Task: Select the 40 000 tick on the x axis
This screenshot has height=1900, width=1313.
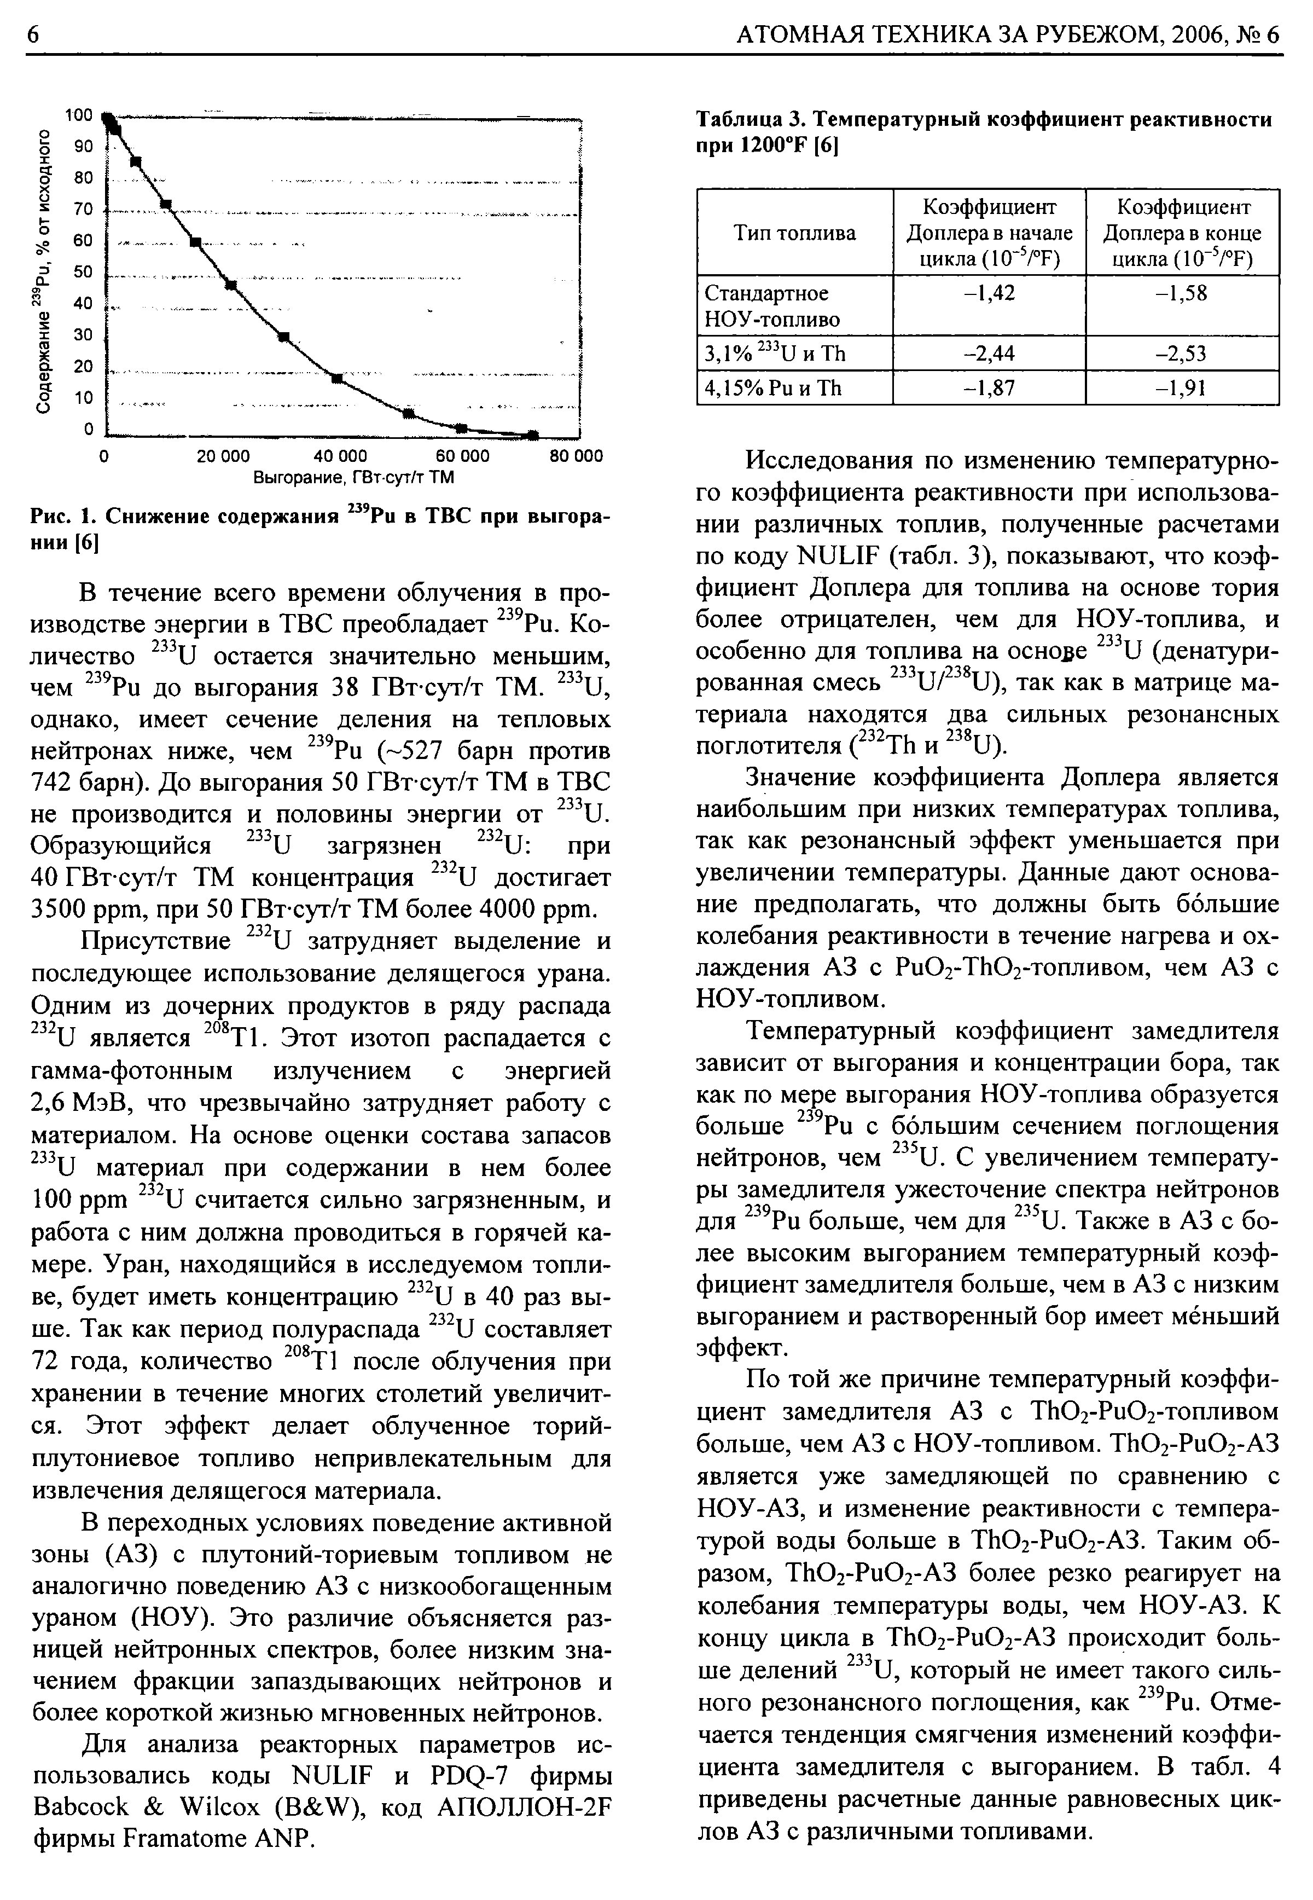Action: [341, 456]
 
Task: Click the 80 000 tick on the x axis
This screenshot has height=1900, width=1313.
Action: [576, 456]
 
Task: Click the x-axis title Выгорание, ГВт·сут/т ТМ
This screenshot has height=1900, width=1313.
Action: [354, 477]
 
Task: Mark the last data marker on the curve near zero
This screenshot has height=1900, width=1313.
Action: [532, 435]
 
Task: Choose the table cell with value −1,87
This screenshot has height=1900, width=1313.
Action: [989, 387]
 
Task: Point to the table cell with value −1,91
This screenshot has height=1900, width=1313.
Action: [1182, 387]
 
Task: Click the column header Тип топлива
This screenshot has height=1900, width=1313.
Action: [794, 233]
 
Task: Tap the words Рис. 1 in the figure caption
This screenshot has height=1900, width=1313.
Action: [64, 517]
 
